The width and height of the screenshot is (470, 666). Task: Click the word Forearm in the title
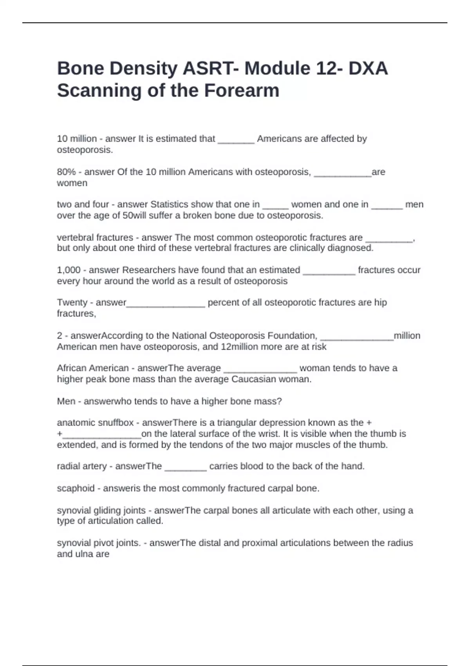pos(242,90)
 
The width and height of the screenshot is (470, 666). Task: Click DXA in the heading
pos(368,69)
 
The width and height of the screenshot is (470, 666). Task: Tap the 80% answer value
pos(66,172)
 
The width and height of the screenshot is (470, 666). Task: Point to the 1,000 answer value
pos(69,270)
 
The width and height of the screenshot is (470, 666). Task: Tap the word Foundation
pos(292,336)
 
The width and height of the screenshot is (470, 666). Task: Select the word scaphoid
pos(76,488)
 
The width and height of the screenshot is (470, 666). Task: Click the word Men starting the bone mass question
pos(66,401)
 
